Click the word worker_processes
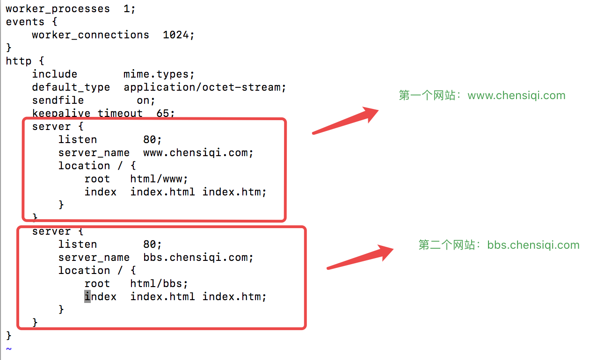click(58, 9)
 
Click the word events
click(25, 22)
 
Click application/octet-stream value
click(202, 87)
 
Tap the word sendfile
click(58, 101)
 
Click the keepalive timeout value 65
click(163, 113)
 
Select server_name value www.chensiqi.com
click(196, 153)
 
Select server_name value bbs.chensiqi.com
click(196, 258)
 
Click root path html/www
click(156, 179)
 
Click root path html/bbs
click(156, 284)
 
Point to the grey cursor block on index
click(87, 296)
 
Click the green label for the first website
click(482, 95)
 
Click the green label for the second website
click(499, 245)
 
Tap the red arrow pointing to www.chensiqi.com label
click(345, 121)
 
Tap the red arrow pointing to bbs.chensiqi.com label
click(360, 257)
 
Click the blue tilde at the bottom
click(9, 349)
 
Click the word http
click(19, 61)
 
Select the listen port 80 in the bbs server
click(150, 245)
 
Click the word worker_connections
click(90, 35)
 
